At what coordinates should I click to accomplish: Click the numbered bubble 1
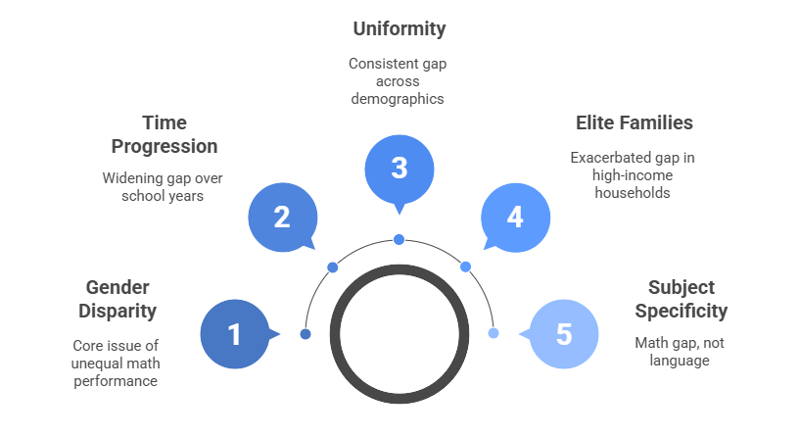234,334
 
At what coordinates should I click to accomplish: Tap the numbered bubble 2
282,217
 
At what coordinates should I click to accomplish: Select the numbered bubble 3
399,168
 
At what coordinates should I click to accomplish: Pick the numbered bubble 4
515,217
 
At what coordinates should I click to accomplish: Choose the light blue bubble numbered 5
563,334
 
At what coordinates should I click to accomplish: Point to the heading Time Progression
164,134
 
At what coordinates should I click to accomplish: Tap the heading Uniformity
399,28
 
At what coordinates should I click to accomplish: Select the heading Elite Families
634,122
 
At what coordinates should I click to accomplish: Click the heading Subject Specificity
681,299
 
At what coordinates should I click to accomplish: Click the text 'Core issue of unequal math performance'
116,363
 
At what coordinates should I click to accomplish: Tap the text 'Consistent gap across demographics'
399,80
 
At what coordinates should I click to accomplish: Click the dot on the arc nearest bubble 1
305,334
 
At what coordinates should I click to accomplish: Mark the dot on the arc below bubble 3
399,239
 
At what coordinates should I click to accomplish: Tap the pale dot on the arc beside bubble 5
493,333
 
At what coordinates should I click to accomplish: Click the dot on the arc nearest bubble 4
465,267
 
